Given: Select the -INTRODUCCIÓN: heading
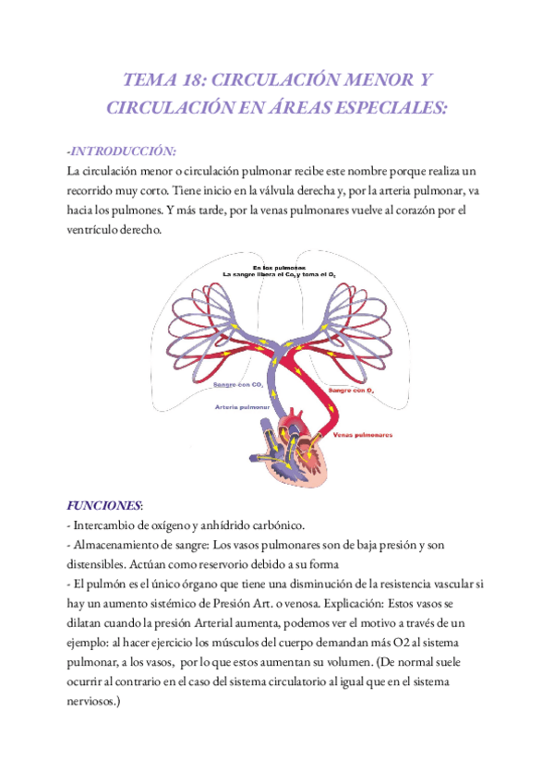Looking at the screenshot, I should (121, 151).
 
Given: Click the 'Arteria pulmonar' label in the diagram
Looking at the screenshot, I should (242, 406).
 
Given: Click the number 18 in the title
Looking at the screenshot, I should (201, 80).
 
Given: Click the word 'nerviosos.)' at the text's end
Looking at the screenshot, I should (100, 702).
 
